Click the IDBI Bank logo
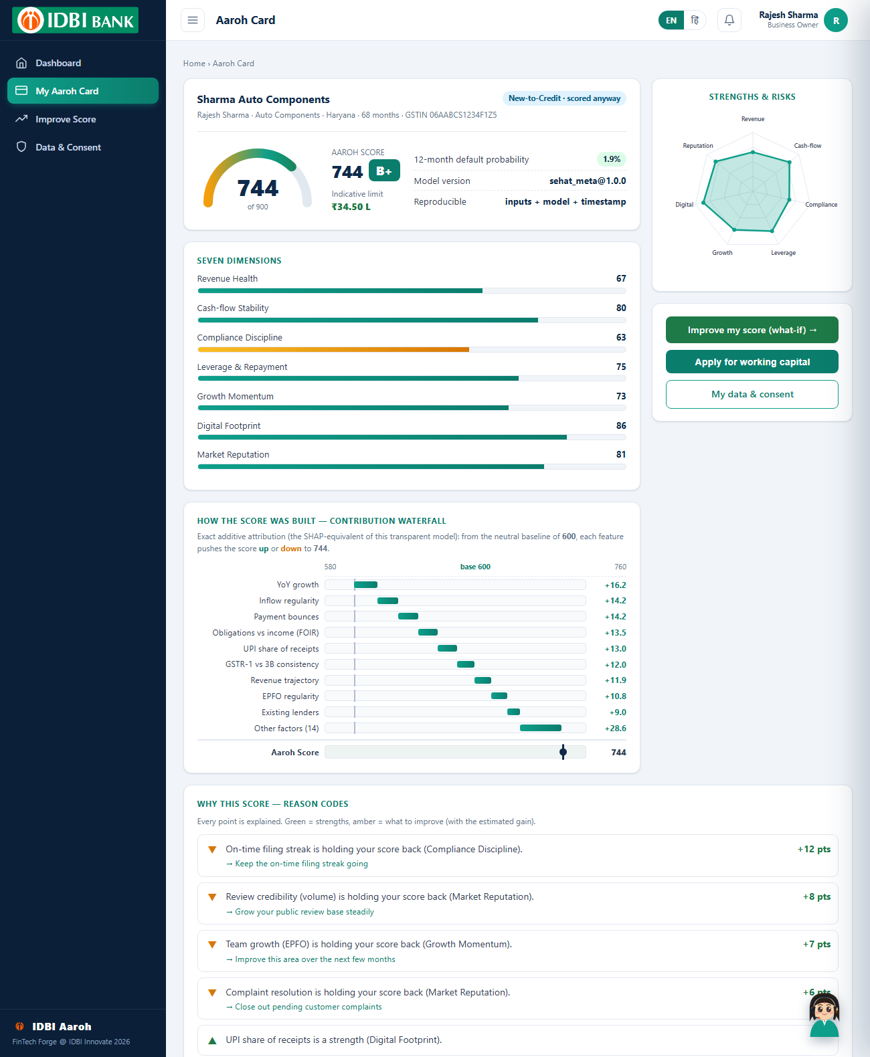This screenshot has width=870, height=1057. click(75, 20)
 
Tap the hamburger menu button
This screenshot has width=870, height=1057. click(193, 20)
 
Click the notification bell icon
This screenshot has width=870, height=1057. click(729, 20)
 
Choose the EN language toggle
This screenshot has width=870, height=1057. click(671, 21)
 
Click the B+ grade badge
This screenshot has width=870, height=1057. click(384, 171)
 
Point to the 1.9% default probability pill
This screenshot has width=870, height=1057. click(611, 159)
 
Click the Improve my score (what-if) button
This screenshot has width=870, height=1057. click(752, 330)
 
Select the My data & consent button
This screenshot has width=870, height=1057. click(752, 395)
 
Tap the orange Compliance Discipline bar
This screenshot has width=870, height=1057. click(333, 349)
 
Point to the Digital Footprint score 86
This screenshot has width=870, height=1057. click(621, 425)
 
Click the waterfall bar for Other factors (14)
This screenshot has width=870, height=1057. click(541, 729)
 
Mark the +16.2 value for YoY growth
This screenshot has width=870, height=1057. click(615, 585)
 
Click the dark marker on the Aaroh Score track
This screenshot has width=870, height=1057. click(563, 752)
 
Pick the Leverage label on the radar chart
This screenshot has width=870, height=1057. click(783, 253)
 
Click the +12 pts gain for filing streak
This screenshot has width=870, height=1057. click(814, 849)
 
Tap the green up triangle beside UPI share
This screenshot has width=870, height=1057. click(212, 1040)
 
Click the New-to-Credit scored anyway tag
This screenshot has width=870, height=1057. click(564, 98)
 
